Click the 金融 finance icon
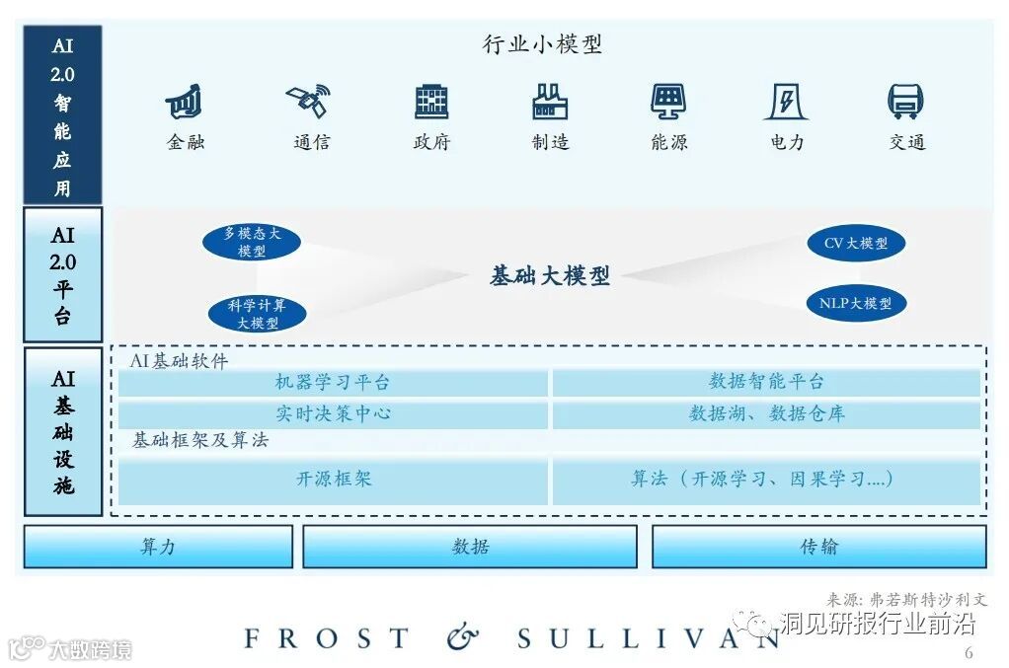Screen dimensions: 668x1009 [185, 102]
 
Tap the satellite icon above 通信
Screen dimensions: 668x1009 [309, 101]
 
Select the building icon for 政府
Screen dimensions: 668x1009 [431, 102]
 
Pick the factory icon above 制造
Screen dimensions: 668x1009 [550, 102]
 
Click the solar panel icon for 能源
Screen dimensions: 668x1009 [668, 102]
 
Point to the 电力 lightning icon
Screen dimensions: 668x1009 [787, 102]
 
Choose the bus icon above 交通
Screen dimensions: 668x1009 [905, 102]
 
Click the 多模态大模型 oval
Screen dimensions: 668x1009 [252, 243]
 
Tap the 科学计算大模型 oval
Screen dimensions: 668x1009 [257, 314]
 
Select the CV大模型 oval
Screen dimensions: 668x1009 [855, 243]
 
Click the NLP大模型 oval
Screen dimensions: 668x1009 [855, 303]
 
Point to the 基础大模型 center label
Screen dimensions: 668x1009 [549, 276]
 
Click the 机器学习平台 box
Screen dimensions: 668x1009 [333, 383]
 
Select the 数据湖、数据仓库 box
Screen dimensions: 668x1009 [766, 414]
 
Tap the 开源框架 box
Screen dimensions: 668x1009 [333, 481]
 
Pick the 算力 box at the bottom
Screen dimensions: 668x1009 [158, 547]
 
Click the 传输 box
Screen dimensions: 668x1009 [818, 547]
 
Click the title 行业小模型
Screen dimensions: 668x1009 [542, 44]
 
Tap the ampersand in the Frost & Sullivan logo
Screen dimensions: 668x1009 [462, 638]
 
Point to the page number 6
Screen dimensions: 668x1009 [968, 653]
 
